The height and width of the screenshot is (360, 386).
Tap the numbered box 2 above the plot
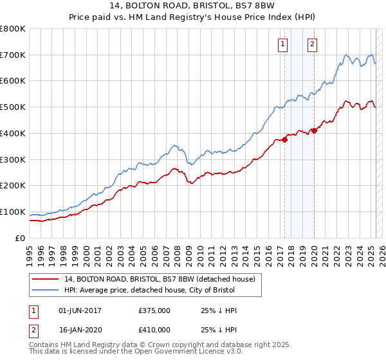pos(312,44)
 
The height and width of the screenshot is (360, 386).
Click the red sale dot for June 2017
pos(284,140)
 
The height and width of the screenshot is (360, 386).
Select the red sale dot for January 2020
pos(314,130)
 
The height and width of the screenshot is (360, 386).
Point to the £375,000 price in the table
pos(154,310)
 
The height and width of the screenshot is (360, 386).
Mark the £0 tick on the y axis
pos(21,238)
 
